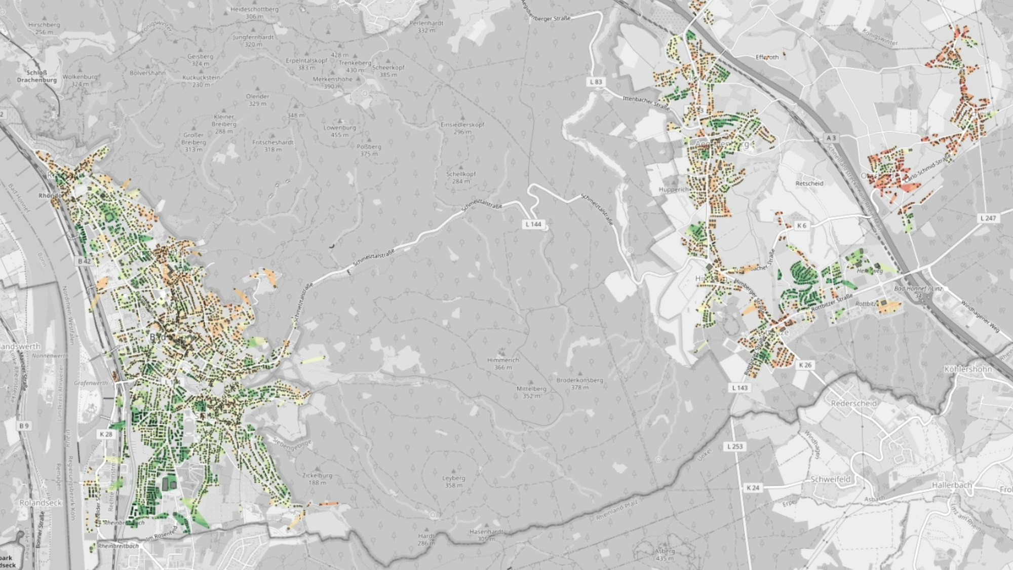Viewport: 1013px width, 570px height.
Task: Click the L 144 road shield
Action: tap(533, 224)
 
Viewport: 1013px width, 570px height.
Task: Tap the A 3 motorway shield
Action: tap(831, 138)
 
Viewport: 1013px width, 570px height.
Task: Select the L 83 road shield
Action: tap(597, 82)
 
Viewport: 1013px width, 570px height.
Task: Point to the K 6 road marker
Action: tap(801, 225)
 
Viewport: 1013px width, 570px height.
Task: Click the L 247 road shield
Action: tap(988, 218)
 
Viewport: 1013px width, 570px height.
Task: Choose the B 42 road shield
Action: tap(84, 261)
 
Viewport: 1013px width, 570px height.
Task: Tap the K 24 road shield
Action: tap(753, 488)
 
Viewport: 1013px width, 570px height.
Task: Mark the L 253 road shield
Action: tap(734, 446)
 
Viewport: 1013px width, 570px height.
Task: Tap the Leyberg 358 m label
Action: tap(453, 481)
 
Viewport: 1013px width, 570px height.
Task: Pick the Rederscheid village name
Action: tap(854, 404)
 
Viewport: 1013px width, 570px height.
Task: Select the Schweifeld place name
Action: tap(831, 479)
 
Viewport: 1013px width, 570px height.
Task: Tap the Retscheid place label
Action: tap(809, 183)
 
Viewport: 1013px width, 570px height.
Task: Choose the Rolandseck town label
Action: tap(40, 503)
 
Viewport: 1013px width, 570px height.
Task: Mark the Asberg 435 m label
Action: tap(665, 554)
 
